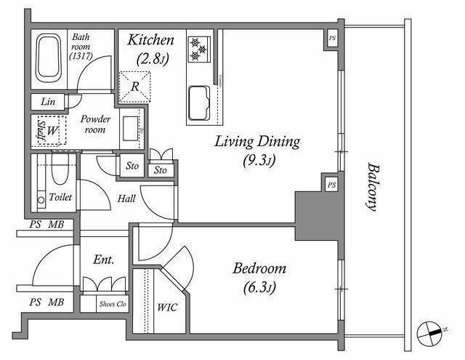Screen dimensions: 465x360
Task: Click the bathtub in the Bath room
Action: tap(49, 58)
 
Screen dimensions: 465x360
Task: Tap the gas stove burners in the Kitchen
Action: tap(199, 49)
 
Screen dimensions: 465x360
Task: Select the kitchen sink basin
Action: tap(199, 103)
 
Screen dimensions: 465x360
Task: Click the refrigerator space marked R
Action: tap(135, 87)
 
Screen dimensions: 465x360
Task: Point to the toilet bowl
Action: tap(60, 169)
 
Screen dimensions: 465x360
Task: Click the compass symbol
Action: tap(430, 333)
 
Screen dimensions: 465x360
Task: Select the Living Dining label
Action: tap(257, 142)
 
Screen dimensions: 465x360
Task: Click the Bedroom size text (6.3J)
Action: tap(259, 287)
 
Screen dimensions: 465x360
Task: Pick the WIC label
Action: tap(167, 307)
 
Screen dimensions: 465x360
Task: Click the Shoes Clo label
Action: tap(113, 304)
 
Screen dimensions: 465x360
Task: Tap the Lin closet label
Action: tap(48, 102)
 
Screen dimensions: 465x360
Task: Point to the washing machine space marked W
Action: tap(52, 130)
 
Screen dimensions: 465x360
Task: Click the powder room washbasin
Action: tap(131, 129)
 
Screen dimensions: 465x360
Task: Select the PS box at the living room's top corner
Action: tap(332, 39)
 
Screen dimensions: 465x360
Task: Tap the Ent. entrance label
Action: tap(103, 260)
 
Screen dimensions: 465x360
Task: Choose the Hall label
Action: tap(126, 199)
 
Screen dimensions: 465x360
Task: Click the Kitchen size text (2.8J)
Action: tap(153, 59)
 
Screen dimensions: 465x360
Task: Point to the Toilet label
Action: tap(60, 197)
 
